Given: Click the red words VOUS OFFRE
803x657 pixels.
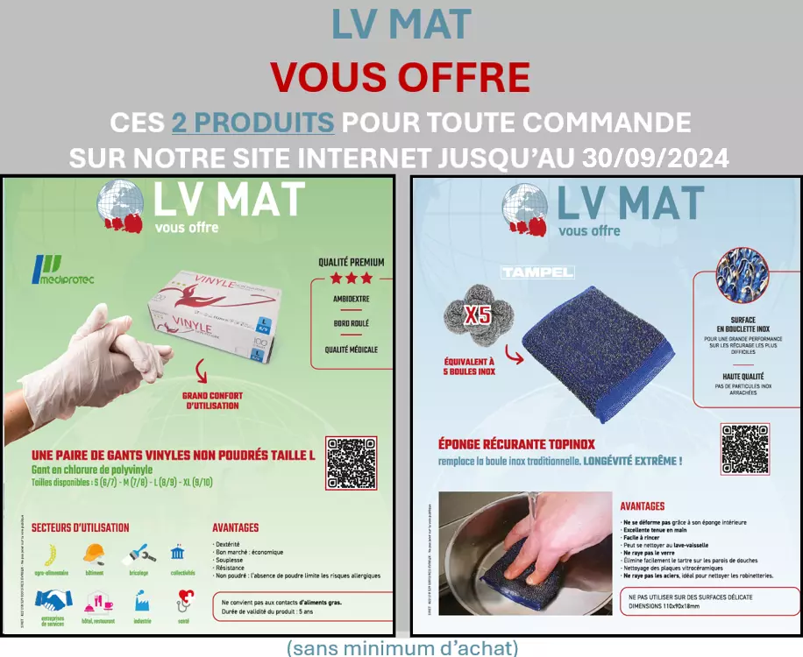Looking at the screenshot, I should tap(400, 77).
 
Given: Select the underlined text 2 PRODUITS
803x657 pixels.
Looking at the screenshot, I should tap(252, 122).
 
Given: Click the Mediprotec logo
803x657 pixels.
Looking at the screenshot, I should tap(62, 270).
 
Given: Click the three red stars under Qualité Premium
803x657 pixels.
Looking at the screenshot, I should tap(351, 279).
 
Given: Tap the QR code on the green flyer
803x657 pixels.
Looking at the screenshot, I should tap(352, 463).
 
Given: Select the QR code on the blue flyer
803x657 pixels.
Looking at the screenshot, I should tap(746, 449).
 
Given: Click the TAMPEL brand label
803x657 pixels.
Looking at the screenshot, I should tap(537, 272).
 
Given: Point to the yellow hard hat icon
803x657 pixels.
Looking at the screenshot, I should tap(94, 554).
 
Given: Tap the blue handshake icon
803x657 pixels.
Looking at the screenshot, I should tap(53, 600).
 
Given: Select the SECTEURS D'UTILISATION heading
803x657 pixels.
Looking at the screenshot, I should tap(80, 527).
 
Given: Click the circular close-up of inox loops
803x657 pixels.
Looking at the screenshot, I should tap(743, 274).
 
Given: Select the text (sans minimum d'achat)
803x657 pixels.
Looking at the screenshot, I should tap(401, 648).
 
